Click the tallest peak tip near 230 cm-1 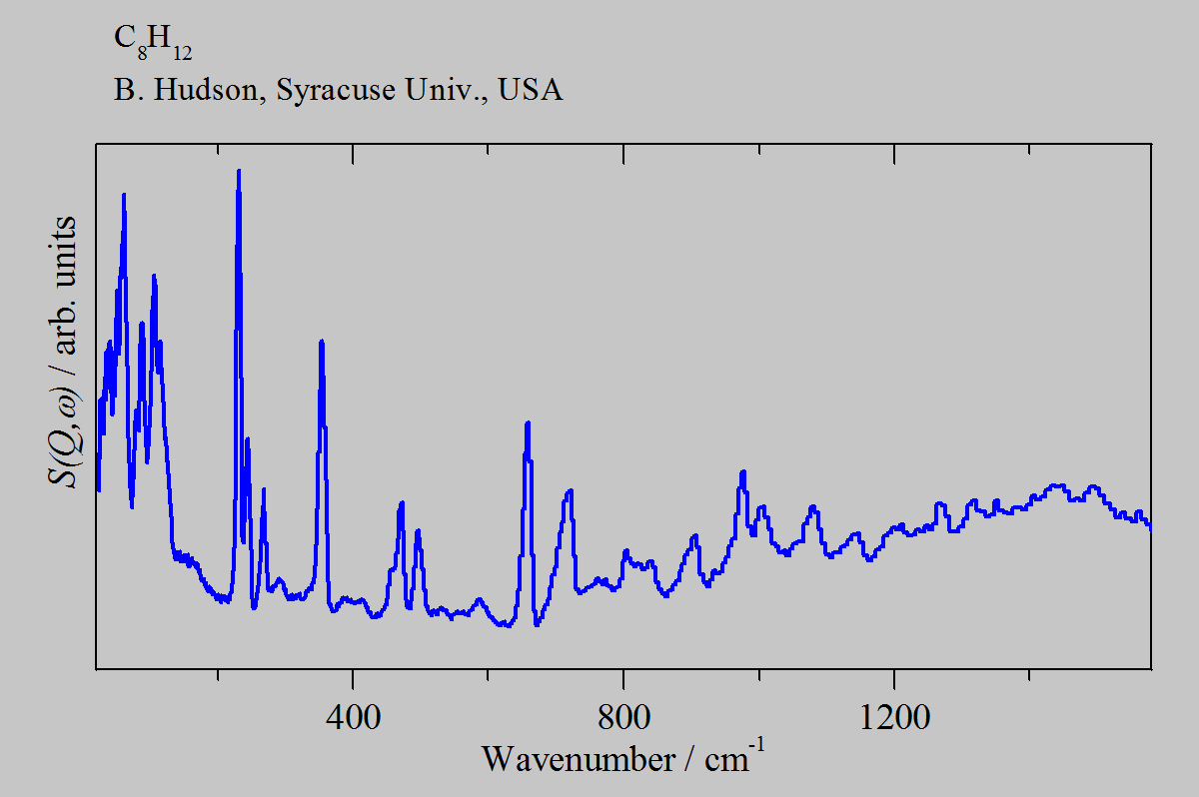[x=238, y=171]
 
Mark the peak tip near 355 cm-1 [x=322, y=342]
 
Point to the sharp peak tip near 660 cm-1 [x=528, y=422]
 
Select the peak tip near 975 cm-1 [x=742, y=471]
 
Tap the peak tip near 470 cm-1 [x=402, y=502]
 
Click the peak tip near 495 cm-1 [x=418, y=530]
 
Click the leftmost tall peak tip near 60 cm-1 [x=124, y=195]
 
